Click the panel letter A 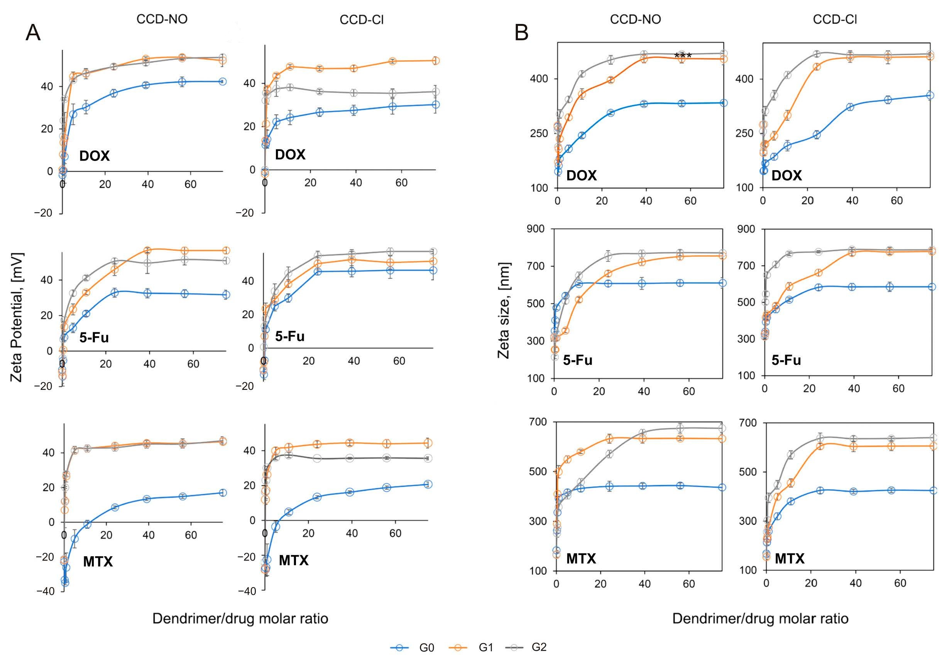pos(33,32)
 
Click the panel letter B pos(522,32)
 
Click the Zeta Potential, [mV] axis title pos(17,317)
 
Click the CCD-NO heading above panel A pos(162,19)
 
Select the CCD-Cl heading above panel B pos(834,20)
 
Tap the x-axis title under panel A pos(240,619)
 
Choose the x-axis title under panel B pos(760,619)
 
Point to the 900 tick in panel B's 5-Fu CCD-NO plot pos(535,229)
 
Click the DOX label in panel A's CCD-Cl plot pos(290,155)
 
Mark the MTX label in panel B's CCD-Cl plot pos(790,559)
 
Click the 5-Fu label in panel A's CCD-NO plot pos(94,338)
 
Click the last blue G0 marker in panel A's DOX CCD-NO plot pos(222,82)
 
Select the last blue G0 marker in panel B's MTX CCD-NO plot pos(722,488)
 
